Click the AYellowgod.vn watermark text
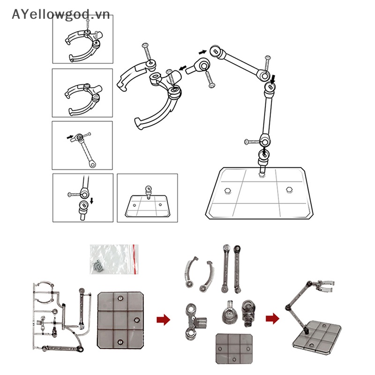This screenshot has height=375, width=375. (60, 15)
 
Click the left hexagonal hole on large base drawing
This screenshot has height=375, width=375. (228, 191)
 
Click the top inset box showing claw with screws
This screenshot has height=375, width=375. (82, 39)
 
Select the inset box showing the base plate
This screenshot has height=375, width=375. (147, 198)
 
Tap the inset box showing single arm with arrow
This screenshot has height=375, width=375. (82, 146)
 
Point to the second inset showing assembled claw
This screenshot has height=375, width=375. (82, 93)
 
